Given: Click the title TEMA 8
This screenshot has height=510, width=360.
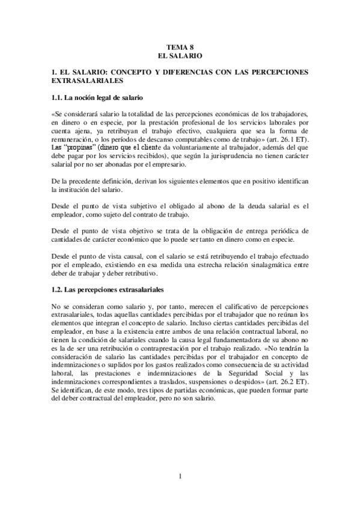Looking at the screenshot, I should [180, 46].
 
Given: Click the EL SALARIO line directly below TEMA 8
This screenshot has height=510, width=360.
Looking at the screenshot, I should [180, 55].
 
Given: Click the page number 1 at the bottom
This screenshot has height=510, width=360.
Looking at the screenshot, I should [180, 476].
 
